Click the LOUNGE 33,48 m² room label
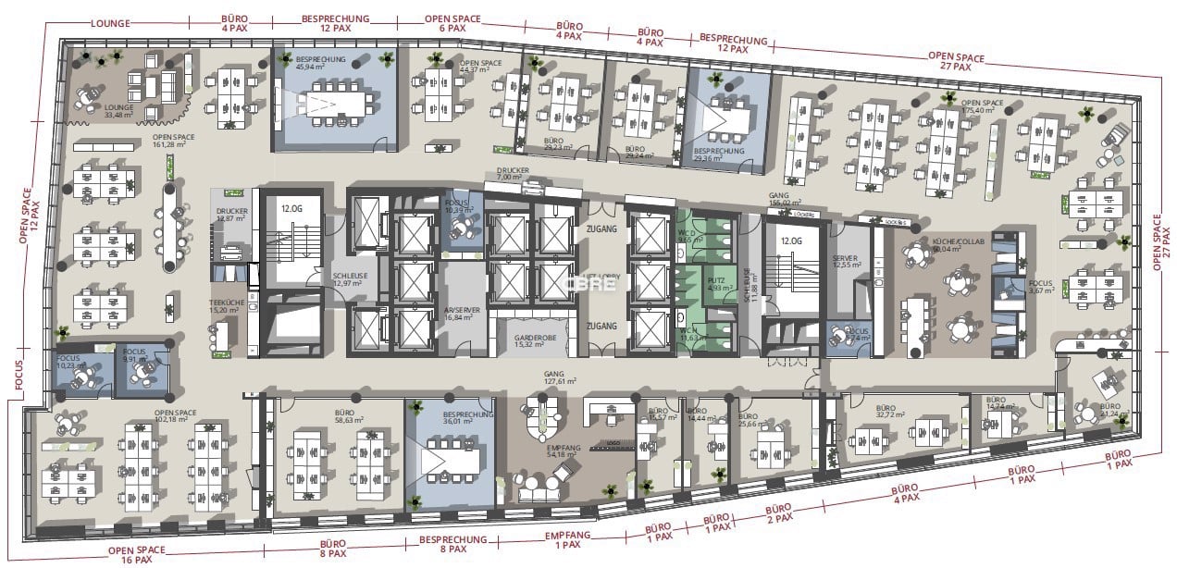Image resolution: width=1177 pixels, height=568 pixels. (x=119, y=112)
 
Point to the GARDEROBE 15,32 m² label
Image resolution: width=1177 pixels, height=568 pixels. (x=534, y=341)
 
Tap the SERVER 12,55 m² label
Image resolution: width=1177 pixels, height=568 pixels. (x=846, y=263)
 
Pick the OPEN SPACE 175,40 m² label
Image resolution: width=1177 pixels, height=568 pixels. (x=983, y=106)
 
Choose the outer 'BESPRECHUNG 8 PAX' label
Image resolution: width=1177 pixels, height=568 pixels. (x=453, y=544)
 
